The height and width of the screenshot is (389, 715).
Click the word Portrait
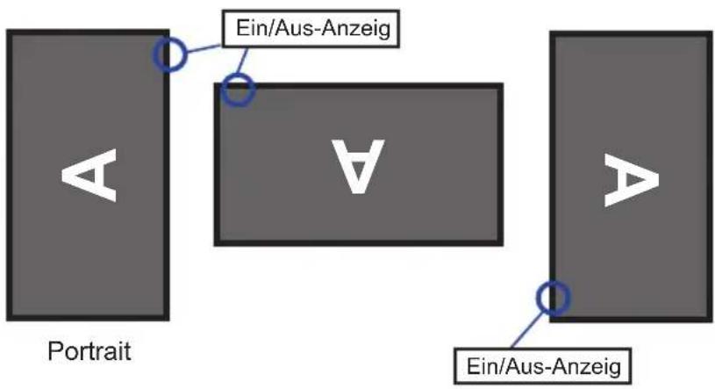coord(89,351)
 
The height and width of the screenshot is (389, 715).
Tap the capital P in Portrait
coord(54,351)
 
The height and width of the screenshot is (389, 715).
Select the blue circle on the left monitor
coord(169,54)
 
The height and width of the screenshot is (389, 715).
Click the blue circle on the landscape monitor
coord(238,89)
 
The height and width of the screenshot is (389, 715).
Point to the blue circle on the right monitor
coord(553,298)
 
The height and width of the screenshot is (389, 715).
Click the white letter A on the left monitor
coord(89,175)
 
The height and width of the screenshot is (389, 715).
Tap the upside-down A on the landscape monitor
coord(359,166)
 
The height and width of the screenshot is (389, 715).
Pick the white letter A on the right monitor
coord(632,180)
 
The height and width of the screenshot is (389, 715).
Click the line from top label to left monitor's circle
coord(204,49)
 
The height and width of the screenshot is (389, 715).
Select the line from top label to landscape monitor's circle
coord(243,61)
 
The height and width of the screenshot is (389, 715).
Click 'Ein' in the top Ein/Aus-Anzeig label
coord(250,29)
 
